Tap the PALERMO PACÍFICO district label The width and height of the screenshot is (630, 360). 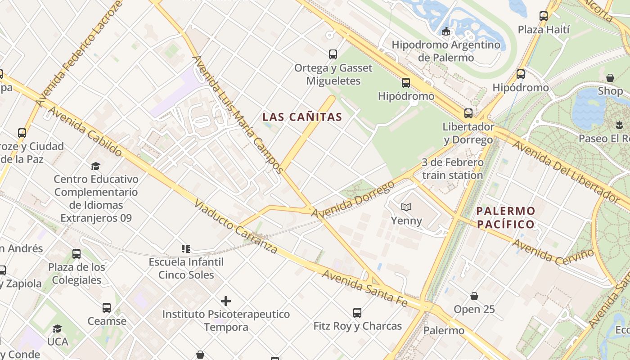pyautogui.click(x=506, y=217)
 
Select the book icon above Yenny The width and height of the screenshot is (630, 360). pyautogui.click(x=406, y=207)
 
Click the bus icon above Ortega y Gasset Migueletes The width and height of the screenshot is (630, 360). pyautogui.click(x=333, y=54)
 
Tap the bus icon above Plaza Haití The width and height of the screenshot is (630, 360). pyautogui.click(x=544, y=16)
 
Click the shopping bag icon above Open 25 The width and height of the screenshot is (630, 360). pyautogui.click(x=474, y=296)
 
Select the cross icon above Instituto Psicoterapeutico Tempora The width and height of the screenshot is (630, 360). pyautogui.click(x=226, y=301)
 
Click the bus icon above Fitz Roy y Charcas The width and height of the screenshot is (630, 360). pyautogui.click(x=357, y=312)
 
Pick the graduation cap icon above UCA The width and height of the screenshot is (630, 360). pyautogui.click(x=58, y=328)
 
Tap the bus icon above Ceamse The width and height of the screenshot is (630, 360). pyautogui.click(x=107, y=308)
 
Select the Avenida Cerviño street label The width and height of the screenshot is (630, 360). pyautogui.click(x=553, y=252)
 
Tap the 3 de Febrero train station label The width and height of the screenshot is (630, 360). pyautogui.click(x=453, y=169)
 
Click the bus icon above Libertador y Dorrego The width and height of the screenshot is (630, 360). pyautogui.click(x=468, y=113)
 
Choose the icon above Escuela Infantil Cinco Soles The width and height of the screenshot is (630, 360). pyautogui.click(x=186, y=248)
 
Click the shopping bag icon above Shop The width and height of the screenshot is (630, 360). pyautogui.click(x=610, y=78)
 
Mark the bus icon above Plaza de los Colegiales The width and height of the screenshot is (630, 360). pyautogui.click(x=76, y=254)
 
